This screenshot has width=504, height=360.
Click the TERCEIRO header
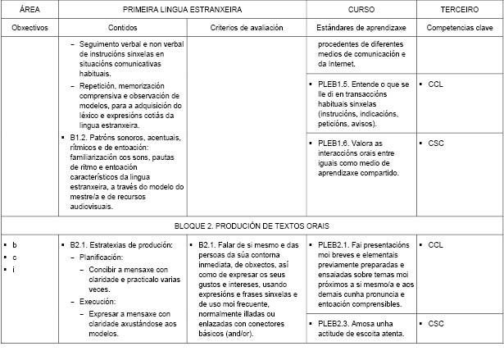tap(458, 8)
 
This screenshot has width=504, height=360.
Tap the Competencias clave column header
tap(458, 27)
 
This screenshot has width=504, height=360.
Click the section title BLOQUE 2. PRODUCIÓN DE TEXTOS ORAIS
tap(252, 224)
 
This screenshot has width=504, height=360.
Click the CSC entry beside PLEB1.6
tap(435, 143)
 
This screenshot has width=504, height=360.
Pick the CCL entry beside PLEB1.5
tap(435, 83)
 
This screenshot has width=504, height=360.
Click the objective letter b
tap(15, 244)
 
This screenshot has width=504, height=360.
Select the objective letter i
tap(14, 269)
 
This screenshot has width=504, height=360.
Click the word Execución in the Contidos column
tap(98, 301)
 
